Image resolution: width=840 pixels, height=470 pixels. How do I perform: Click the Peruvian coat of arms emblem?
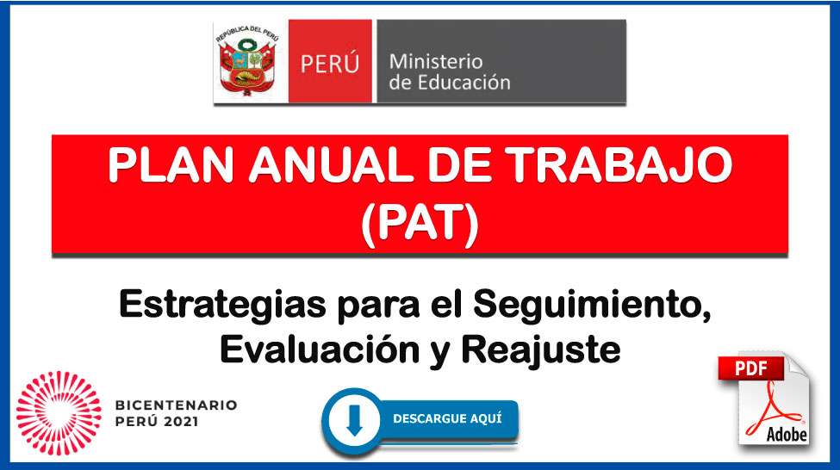[247, 62]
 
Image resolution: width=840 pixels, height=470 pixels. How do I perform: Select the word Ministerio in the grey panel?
[436, 62]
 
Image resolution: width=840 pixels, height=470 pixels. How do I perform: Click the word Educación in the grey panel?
[464, 83]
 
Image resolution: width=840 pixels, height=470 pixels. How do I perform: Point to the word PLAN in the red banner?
[171, 165]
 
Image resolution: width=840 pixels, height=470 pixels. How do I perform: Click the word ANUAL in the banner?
[329, 165]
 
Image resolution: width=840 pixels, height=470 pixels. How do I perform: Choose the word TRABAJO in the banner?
[619, 165]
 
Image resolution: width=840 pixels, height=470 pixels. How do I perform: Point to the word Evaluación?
[320, 350]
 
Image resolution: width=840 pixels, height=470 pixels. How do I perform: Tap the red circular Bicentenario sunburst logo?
[59, 413]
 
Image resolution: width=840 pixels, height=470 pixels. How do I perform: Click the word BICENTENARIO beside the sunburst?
[177, 405]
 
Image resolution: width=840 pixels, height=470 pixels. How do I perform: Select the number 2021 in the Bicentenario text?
[181, 422]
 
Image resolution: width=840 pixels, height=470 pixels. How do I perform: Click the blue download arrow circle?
[354, 421]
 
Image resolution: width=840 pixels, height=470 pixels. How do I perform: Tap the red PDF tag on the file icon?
[751, 368]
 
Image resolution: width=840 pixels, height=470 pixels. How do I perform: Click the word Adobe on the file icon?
[787, 434]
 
